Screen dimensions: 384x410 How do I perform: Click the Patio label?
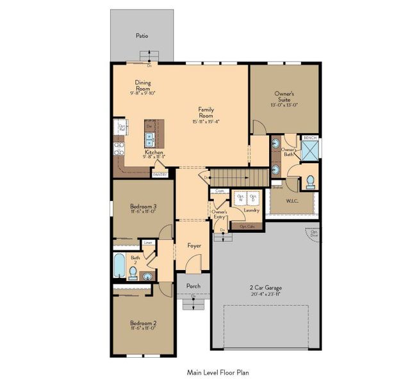click(x=142, y=36)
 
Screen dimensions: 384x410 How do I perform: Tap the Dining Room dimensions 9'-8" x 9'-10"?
click(x=142, y=93)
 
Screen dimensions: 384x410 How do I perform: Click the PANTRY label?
click(x=160, y=174)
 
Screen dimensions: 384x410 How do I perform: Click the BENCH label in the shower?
click(x=310, y=138)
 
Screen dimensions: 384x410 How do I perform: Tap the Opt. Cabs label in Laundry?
click(x=247, y=226)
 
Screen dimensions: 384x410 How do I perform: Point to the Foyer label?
click(x=194, y=246)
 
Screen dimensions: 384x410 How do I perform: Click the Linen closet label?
click(x=148, y=243)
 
